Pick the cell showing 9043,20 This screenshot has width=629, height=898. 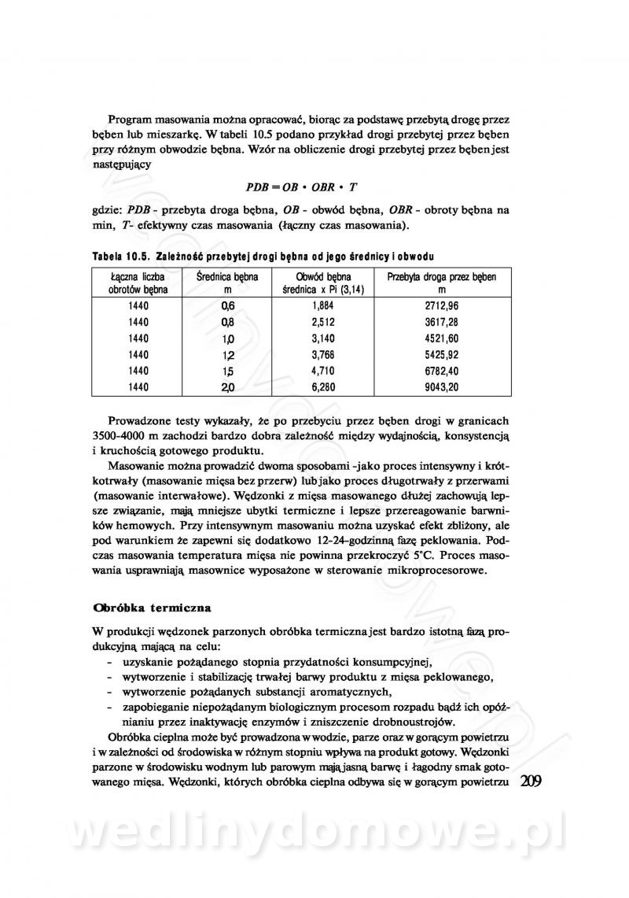(x=442, y=386)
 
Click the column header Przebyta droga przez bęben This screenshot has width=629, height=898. (x=442, y=283)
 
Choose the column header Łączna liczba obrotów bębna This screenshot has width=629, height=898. (x=138, y=283)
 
